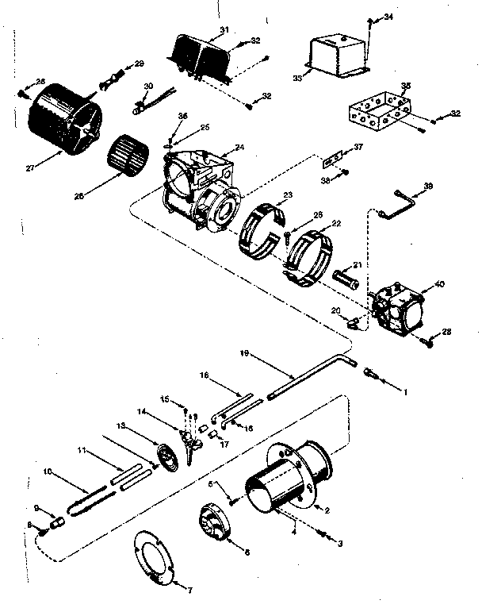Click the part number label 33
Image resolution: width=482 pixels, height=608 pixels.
point(296,78)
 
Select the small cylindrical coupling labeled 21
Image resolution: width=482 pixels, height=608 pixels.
point(348,280)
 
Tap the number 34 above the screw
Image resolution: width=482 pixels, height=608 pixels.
point(388,17)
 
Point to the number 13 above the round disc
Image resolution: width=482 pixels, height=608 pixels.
point(121,425)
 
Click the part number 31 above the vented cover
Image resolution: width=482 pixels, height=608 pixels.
point(224,29)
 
